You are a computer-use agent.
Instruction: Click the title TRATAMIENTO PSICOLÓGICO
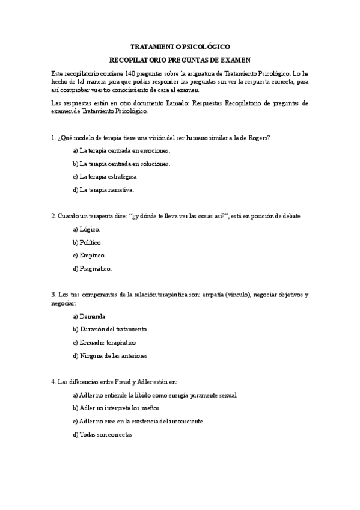pos(180,46)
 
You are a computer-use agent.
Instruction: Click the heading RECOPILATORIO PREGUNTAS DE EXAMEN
pos(180,60)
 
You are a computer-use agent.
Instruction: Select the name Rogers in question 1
pos(259,138)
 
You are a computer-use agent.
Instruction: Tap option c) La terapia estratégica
pos(105,177)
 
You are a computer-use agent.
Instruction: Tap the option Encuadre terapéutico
pos(108,342)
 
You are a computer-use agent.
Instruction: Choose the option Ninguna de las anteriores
pos(113,355)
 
